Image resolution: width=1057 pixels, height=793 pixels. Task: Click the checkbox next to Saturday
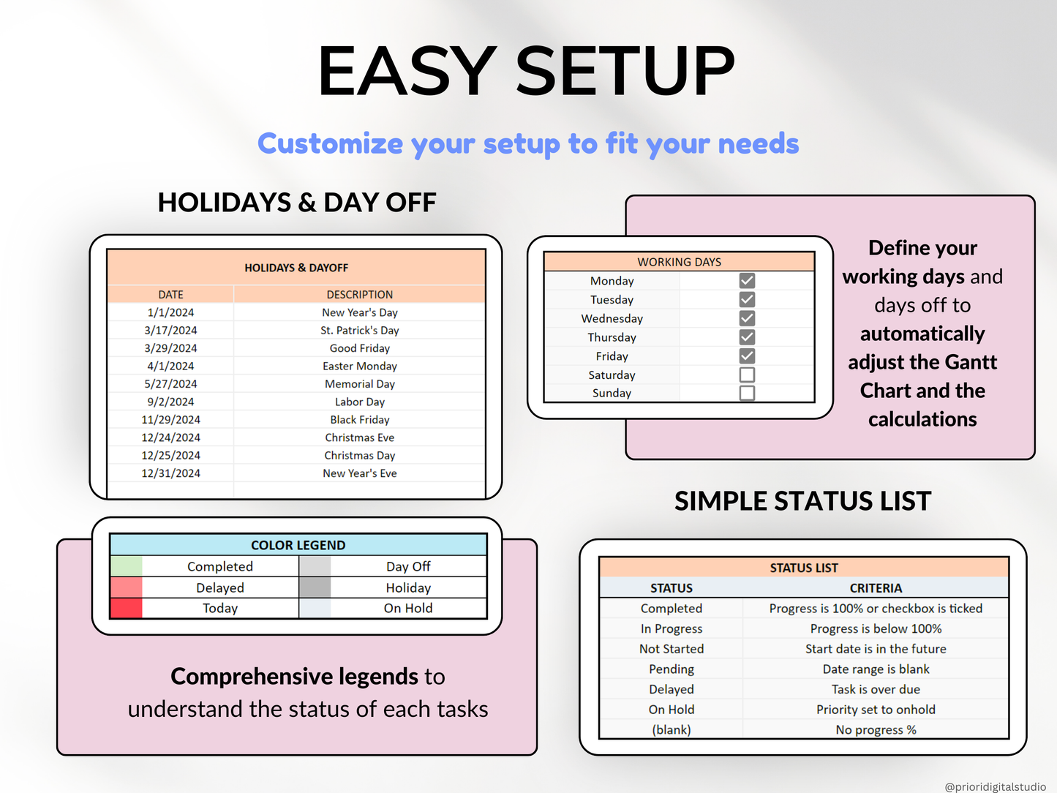[747, 375]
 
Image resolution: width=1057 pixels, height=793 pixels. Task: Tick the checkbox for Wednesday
[747, 318]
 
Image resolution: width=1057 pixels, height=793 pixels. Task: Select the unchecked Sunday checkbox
[747, 393]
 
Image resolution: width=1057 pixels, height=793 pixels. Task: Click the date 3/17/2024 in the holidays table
[170, 331]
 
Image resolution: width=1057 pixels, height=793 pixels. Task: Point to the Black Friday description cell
[359, 420]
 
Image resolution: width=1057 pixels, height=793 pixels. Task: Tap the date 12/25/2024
[170, 456]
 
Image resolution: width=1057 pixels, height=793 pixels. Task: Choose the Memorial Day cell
[359, 384]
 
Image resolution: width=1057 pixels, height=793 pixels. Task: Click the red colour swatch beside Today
[126, 609]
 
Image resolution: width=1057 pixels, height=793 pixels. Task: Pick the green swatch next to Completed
[126, 566]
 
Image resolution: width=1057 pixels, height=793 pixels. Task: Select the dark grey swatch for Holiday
[315, 587]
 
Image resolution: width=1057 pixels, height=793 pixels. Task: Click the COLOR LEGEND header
[298, 545]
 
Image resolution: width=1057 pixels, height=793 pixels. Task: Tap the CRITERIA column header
[876, 588]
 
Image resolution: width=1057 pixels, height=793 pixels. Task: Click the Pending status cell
[671, 669]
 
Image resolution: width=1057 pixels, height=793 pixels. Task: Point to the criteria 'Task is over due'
[876, 689]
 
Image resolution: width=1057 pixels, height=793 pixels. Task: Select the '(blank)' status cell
[671, 730]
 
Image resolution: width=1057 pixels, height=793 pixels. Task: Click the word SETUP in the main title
[625, 71]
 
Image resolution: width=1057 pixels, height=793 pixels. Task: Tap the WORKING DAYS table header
[679, 262]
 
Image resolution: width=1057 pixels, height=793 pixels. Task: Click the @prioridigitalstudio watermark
[995, 786]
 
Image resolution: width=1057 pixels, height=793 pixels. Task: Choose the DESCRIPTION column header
[359, 295]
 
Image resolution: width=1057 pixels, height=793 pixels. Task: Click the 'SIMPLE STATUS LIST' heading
[802, 501]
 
